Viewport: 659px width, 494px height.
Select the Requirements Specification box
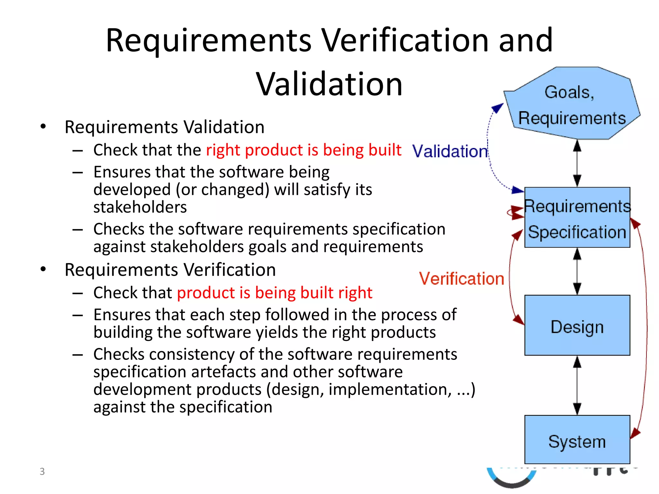[577, 217]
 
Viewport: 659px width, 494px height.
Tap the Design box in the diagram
[577, 325]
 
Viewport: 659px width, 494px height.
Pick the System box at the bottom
[577, 440]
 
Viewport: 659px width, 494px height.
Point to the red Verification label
[461, 279]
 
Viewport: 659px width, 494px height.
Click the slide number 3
[42, 471]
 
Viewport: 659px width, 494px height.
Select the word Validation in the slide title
[329, 84]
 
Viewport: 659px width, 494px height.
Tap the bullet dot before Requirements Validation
[43, 127]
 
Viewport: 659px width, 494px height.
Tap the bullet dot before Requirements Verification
[43, 270]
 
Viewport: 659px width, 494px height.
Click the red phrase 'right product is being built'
[303, 150]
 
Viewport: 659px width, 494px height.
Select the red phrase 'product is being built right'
[274, 293]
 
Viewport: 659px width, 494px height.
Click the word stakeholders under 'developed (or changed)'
[140, 207]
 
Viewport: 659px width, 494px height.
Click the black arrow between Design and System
[577, 385]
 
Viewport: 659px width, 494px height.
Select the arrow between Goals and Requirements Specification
[577, 163]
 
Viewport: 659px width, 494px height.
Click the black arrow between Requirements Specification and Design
[577, 271]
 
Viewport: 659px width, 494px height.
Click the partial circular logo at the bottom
[512, 478]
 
